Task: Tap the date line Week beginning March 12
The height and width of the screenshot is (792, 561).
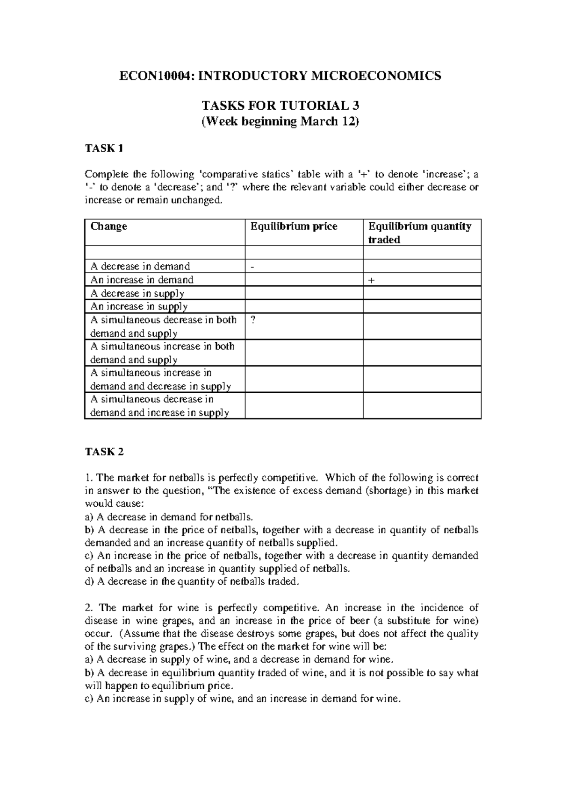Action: [280, 121]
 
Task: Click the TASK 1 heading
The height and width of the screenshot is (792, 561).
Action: [104, 148]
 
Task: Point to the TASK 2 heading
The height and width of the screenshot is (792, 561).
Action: [104, 452]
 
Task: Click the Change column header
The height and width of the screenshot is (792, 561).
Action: [108, 226]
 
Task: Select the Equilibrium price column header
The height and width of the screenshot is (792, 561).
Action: [294, 226]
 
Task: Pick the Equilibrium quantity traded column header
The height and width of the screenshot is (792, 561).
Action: [419, 233]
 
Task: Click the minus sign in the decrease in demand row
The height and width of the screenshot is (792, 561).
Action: [252, 267]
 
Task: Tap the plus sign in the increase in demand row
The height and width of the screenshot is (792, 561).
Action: [371, 280]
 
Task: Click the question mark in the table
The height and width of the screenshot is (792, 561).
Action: [253, 320]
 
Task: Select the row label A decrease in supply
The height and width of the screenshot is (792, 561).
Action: [137, 293]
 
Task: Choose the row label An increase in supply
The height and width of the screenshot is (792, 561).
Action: [138, 306]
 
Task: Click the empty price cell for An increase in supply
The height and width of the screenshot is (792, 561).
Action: [304, 306]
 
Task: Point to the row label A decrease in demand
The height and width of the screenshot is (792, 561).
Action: [140, 266]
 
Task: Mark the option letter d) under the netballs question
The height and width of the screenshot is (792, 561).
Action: [89, 582]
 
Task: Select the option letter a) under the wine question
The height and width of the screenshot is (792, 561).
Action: [89, 660]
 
